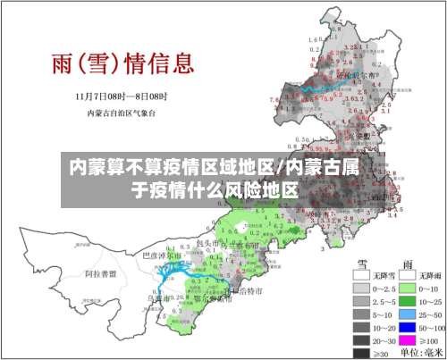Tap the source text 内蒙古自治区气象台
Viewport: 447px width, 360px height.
pos(122,113)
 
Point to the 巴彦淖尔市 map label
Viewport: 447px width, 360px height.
pos(163,255)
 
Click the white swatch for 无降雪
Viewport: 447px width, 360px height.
pos(360,276)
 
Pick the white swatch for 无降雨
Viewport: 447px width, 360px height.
pos(407,276)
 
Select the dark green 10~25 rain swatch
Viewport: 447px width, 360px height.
pos(407,304)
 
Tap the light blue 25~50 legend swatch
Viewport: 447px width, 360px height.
pos(407,316)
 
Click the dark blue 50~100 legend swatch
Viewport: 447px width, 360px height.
pos(407,330)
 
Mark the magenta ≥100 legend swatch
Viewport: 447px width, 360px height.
pos(407,342)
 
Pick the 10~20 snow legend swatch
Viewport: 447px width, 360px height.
pos(360,330)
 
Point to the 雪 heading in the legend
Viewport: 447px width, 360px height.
pos(364,263)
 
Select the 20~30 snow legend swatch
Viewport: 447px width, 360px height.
pos(360,342)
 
